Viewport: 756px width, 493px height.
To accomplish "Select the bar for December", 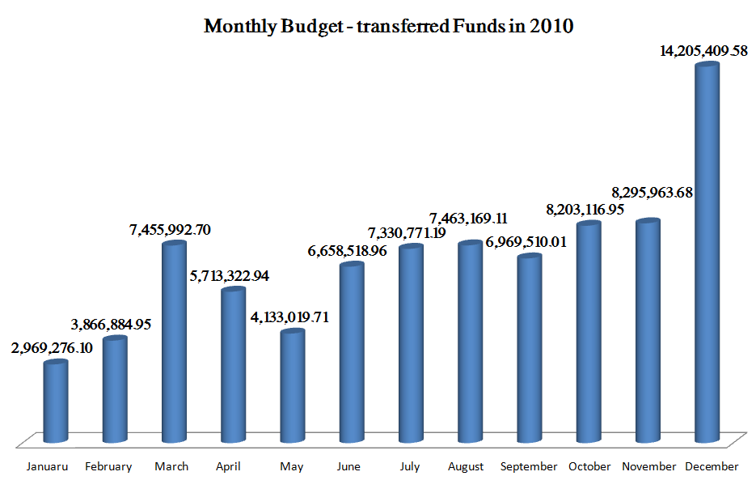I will [707, 251].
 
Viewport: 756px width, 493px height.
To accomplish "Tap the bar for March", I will [174, 340].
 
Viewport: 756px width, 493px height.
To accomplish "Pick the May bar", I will [292, 385].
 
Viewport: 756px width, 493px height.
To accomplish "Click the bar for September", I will [530, 348].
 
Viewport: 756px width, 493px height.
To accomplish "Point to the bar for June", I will [351, 352].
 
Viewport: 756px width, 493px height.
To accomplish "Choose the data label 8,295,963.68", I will [653, 193].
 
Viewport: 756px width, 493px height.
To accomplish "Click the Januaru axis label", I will [48, 467].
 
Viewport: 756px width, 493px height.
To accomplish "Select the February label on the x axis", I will [108, 467].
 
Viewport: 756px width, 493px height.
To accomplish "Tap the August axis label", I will [466, 467].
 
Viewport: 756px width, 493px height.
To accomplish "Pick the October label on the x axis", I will [589, 467].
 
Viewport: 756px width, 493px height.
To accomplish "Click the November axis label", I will [648, 467].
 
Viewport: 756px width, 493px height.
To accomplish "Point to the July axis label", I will [409, 467].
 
